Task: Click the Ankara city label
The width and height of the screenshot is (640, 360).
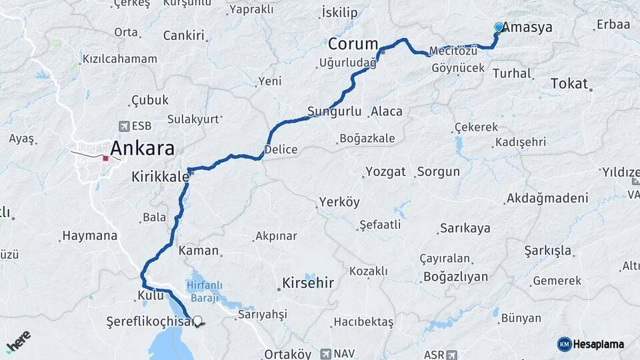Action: click(x=143, y=147)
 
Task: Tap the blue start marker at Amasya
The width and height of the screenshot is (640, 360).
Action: click(x=499, y=27)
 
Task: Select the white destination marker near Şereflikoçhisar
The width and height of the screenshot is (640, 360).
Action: click(x=197, y=321)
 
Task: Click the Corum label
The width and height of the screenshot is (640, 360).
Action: click(x=353, y=44)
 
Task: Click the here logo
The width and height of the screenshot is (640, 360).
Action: click(x=18, y=342)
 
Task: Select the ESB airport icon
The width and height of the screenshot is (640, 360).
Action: click(x=123, y=126)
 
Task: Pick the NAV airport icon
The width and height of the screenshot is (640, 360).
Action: click(x=325, y=354)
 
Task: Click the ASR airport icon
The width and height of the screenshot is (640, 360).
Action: click(x=453, y=354)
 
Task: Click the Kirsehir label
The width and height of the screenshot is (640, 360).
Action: click(x=307, y=282)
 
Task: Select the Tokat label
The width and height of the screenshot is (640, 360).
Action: click(x=569, y=83)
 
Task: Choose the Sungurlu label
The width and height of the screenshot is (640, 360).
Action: click(x=334, y=111)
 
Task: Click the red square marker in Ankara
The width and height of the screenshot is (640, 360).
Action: click(x=105, y=159)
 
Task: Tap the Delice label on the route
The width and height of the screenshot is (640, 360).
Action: click(x=281, y=149)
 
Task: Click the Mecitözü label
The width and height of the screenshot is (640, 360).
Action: click(x=454, y=51)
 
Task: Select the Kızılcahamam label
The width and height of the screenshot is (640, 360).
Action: click(x=120, y=59)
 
